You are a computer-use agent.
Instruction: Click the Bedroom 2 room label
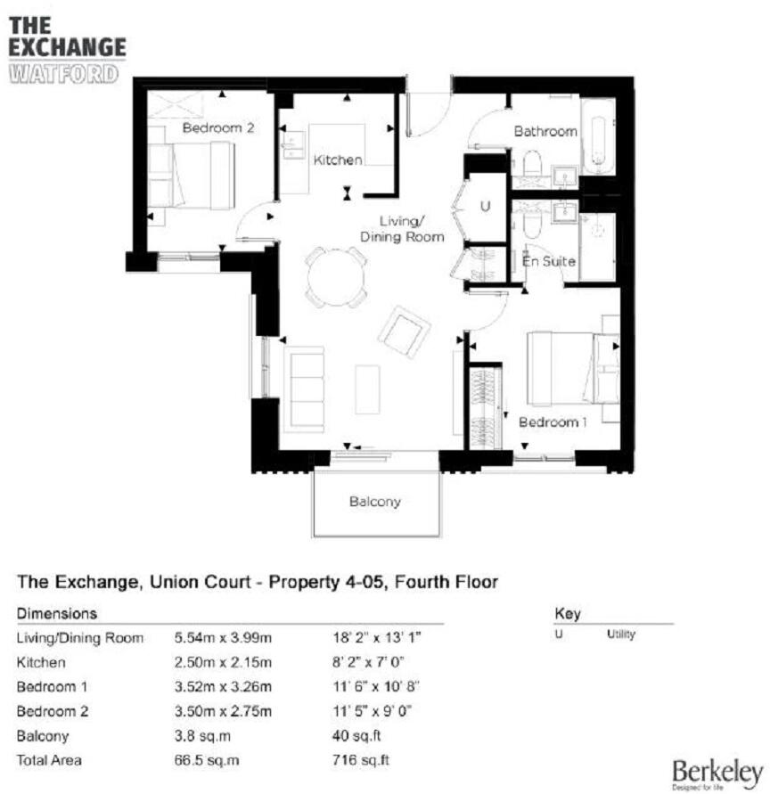(218, 128)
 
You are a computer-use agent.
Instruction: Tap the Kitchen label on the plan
(337, 160)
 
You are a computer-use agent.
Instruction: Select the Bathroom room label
(545, 131)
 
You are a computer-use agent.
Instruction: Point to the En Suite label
(548, 262)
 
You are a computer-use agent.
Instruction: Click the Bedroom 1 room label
(552, 422)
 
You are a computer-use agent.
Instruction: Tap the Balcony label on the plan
(374, 502)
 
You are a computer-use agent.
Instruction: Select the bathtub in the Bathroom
(598, 136)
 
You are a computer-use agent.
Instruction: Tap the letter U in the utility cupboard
(486, 206)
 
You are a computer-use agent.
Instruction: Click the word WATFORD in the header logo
(62, 72)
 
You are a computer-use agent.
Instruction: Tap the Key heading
(567, 614)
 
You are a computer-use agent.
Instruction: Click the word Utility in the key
(620, 634)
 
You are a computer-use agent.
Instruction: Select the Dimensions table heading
(57, 614)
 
